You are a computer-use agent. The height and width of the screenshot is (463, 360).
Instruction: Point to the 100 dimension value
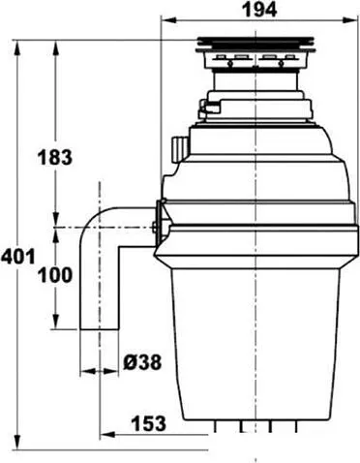click(x=56, y=276)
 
